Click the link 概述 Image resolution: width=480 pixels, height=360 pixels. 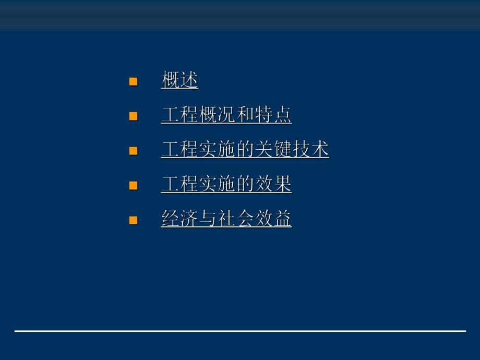click(x=180, y=80)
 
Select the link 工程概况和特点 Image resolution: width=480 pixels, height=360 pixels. click(x=226, y=115)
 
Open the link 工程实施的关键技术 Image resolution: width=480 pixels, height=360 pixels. click(x=245, y=149)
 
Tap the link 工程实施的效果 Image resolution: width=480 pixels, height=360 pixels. click(x=226, y=184)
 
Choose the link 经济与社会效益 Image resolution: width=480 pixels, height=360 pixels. click(x=226, y=219)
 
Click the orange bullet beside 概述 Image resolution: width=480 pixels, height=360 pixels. click(x=134, y=81)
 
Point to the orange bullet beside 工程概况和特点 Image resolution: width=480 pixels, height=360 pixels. click(x=134, y=116)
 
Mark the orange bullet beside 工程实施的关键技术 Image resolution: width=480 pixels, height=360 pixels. click(x=134, y=150)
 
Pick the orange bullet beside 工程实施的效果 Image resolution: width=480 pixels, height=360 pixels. click(x=134, y=185)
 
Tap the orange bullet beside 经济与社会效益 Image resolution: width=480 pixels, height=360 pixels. click(x=134, y=220)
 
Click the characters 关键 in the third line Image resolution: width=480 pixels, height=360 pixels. click(x=273, y=149)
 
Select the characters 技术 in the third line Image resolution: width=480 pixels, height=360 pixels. click(x=311, y=149)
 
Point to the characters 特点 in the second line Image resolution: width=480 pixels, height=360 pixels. click(x=273, y=115)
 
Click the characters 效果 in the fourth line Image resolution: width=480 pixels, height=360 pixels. click(x=273, y=184)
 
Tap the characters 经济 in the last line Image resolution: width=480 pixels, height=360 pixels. click(x=180, y=219)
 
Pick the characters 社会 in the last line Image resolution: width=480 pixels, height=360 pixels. click(x=236, y=219)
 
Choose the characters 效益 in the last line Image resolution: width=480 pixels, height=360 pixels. click(x=273, y=219)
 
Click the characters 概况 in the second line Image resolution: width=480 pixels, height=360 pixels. click(x=217, y=115)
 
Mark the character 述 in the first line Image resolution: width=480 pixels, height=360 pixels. click(x=189, y=80)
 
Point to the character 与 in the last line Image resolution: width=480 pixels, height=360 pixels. click(x=208, y=219)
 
